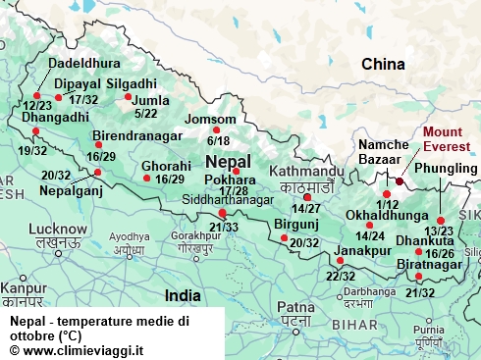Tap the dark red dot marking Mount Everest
400,180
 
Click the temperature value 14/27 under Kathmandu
306,208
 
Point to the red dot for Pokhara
236,171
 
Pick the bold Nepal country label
228,161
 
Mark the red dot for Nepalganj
97,173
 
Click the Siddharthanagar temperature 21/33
224,227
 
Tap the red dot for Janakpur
340,261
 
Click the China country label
383,64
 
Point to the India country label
183,294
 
